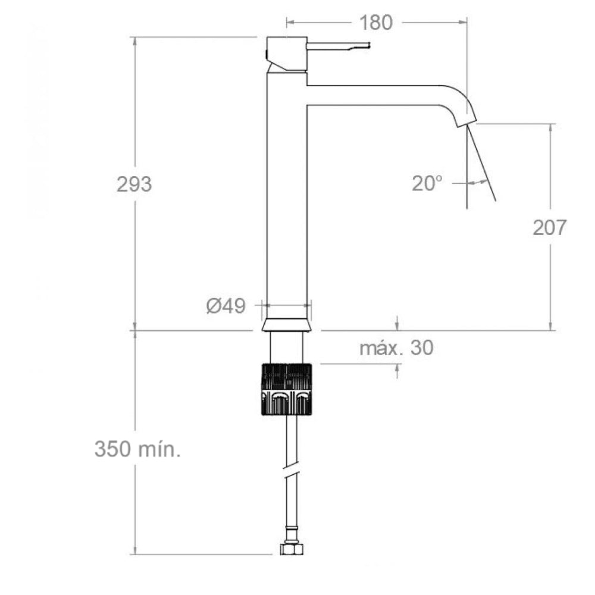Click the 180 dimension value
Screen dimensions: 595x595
375,23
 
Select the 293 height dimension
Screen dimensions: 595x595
134,184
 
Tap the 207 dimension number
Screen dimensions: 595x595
549,227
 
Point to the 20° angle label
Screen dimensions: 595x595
428,183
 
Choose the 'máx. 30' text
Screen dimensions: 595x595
396,348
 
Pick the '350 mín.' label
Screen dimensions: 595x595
137,449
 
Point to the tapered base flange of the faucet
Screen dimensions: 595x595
286,325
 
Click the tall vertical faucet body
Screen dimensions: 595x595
286,190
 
